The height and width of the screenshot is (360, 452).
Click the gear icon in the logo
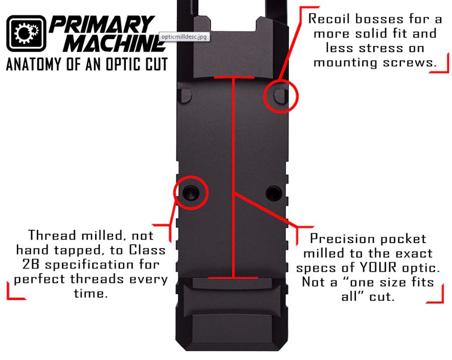(x=26, y=33)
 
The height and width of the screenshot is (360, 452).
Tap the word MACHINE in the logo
(x=114, y=43)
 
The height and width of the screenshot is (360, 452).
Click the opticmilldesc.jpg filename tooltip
(x=184, y=37)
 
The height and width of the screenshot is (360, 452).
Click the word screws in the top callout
(x=408, y=62)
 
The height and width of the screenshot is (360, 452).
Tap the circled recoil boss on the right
(x=280, y=96)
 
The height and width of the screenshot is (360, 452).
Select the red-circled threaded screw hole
(x=190, y=192)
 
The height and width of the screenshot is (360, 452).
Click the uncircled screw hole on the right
(x=274, y=193)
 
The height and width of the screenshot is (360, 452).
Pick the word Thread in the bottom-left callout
(x=52, y=235)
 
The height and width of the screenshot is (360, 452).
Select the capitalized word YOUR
(x=378, y=268)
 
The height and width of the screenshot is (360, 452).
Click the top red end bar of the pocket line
(x=234, y=77)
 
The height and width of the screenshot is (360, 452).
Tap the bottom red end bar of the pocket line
(x=233, y=278)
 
